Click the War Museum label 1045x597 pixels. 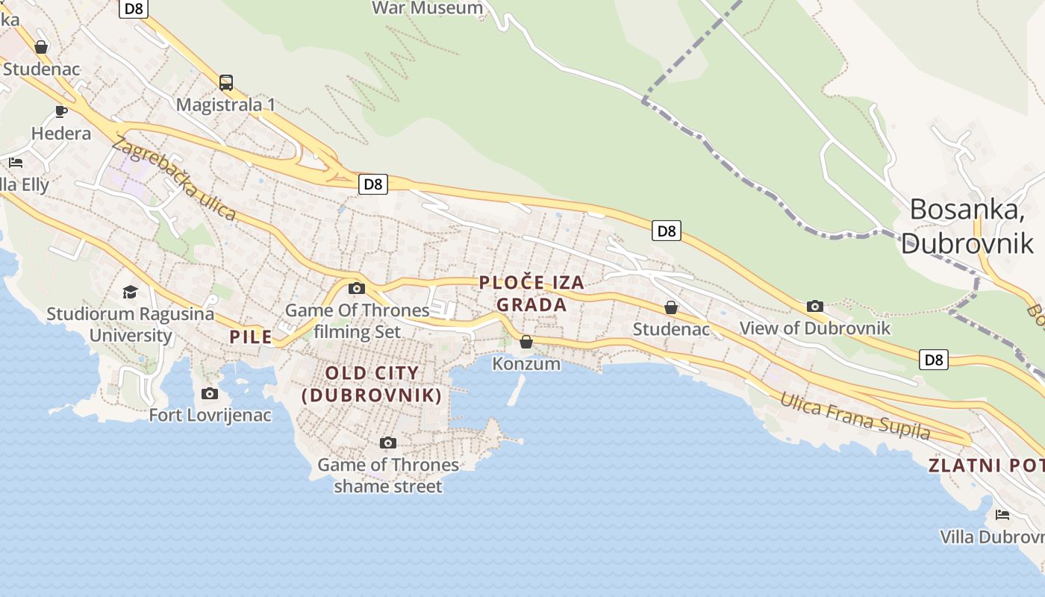pyautogui.click(x=428, y=8)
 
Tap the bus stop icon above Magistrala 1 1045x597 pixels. pyautogui.click(x=226, y=82)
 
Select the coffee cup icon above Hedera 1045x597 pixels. pyautogui.click(x=61, y=112)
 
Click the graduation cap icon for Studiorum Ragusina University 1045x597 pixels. pyautogui.click(x=131, y=292)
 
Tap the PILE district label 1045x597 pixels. pyautogui.click(x=251, y=337)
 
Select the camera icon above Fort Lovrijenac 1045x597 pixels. pyautogui.click(x=210, y=393)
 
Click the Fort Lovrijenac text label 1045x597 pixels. pyautogui.click(x=210, y=415)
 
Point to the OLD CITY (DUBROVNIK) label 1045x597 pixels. pyautogui.click(x=372, y=384)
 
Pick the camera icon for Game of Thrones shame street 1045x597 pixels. pyautogui.click(x=387, y=443)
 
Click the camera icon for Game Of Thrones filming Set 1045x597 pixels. pyautogui.click(x=357, y=289)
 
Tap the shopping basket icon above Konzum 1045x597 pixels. pyautogui.click(x=526, y=343)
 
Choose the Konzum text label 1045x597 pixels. pyautogui.click(x=526, y=363)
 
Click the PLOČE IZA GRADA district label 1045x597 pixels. pyautogui.click(x=531, y=293)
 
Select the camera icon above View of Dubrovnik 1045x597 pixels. pyautogui.click(x=815, y=306)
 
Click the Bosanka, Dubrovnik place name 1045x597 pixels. pyautogui.click(x=967, y=226)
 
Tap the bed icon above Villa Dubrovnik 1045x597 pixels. pyautogui.click(x=1002, y=515)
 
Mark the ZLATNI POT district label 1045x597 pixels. pyautogui.click(x=985, y=466)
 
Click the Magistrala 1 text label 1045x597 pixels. pyautogui.click(x=225, y=104)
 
